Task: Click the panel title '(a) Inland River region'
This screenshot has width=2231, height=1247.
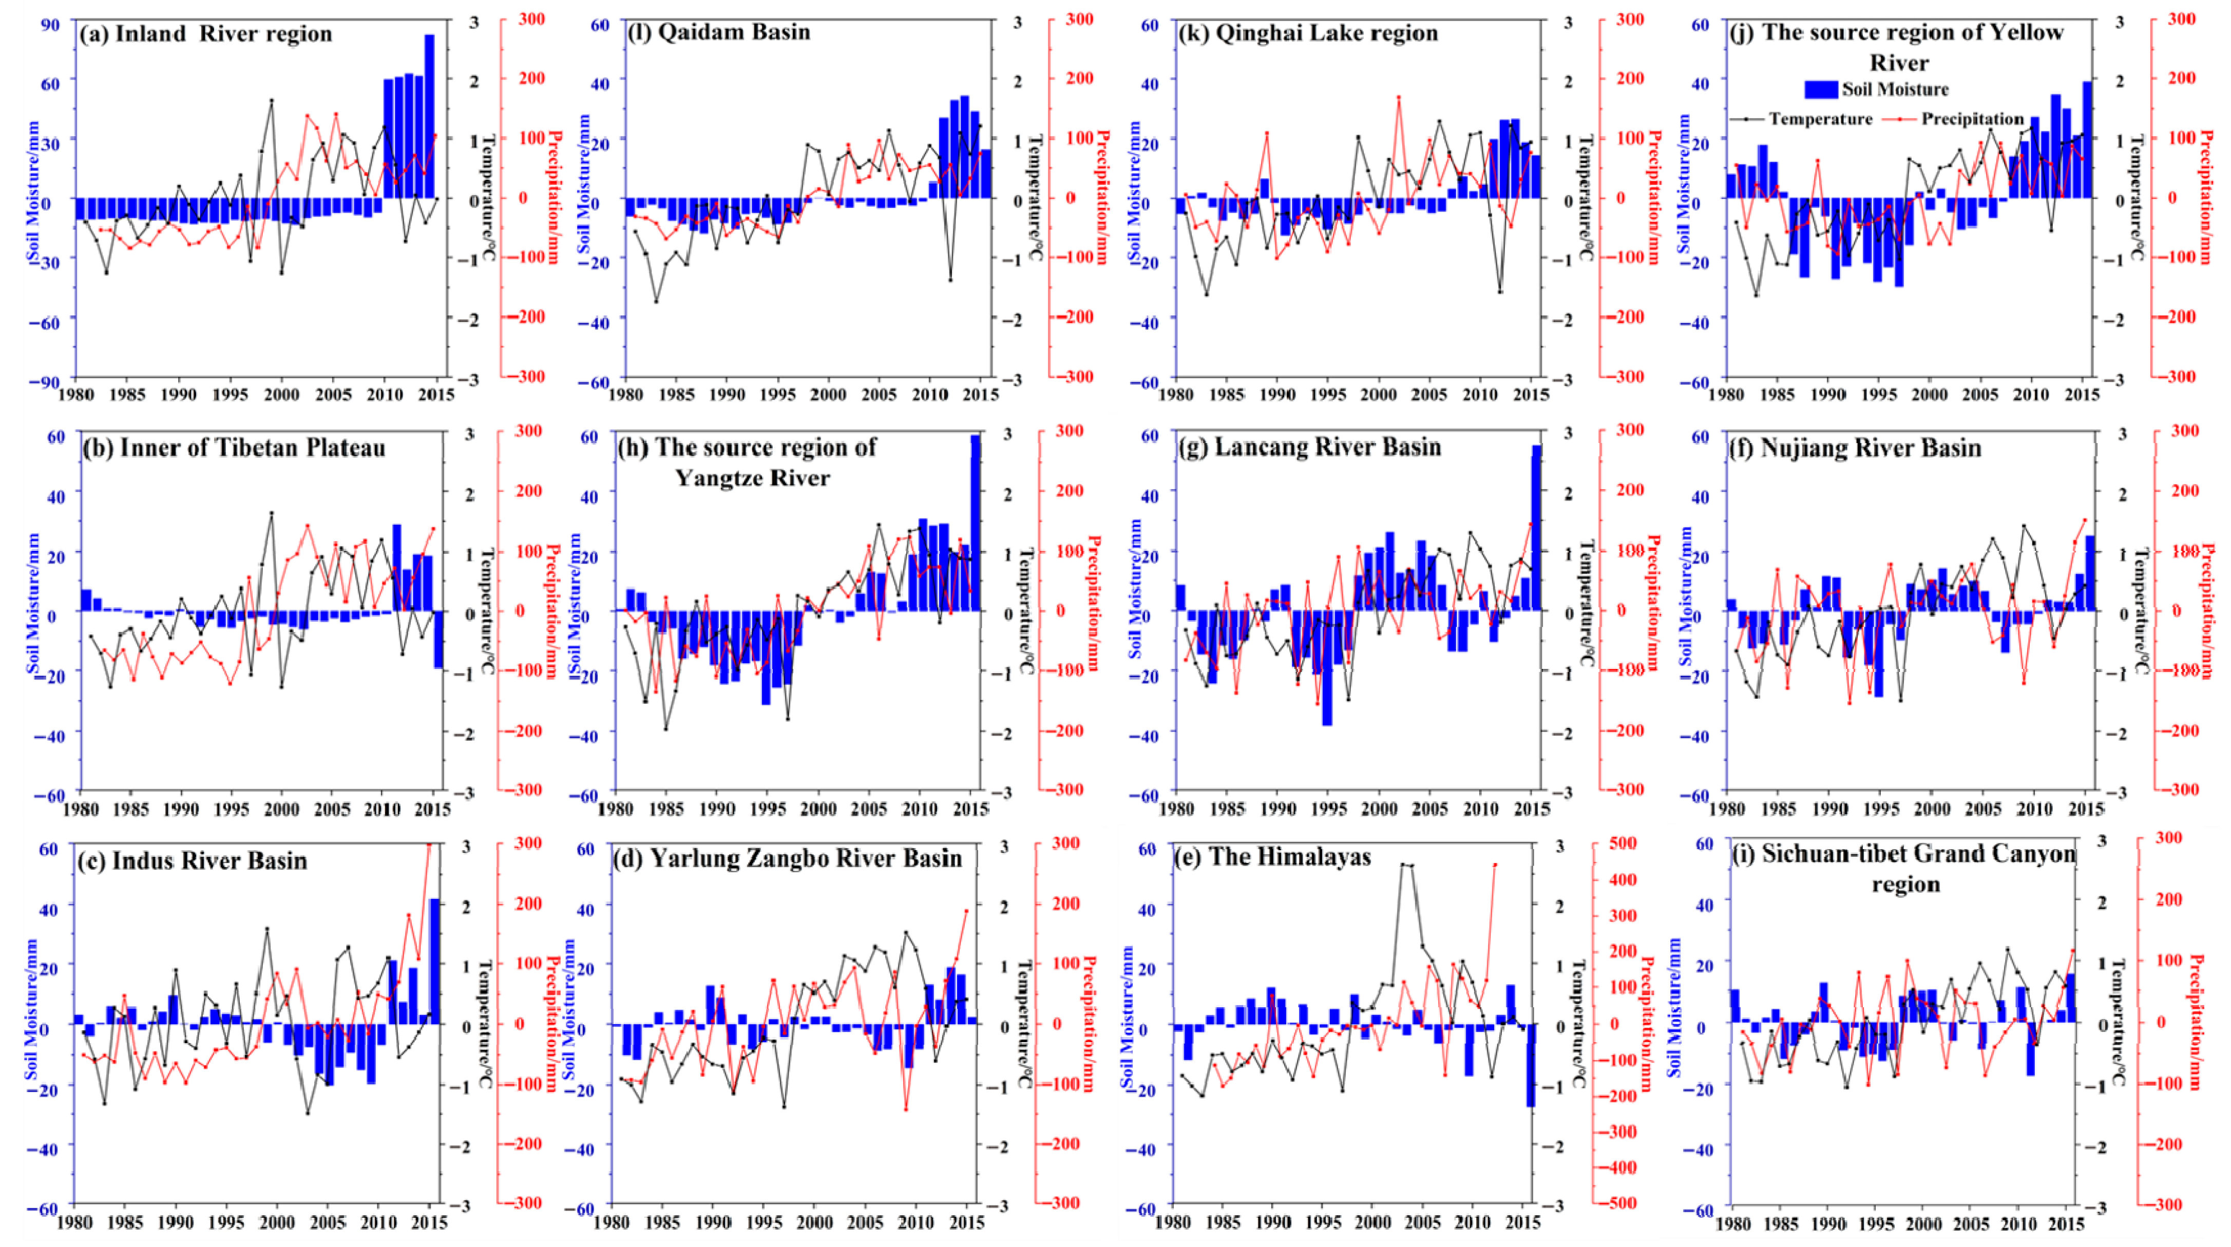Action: click(205, 34)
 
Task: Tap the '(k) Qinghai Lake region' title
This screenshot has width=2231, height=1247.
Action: click(1308, 33)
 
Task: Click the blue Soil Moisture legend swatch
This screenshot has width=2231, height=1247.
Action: click(1820, 89)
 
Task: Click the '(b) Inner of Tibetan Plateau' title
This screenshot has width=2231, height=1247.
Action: click(234, 448)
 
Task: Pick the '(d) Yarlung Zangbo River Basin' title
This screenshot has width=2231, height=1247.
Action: click(788, 858)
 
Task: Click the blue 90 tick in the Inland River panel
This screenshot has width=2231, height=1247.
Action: click(50, 24)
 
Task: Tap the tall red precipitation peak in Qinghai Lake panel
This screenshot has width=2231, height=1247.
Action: click(1398, 97)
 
